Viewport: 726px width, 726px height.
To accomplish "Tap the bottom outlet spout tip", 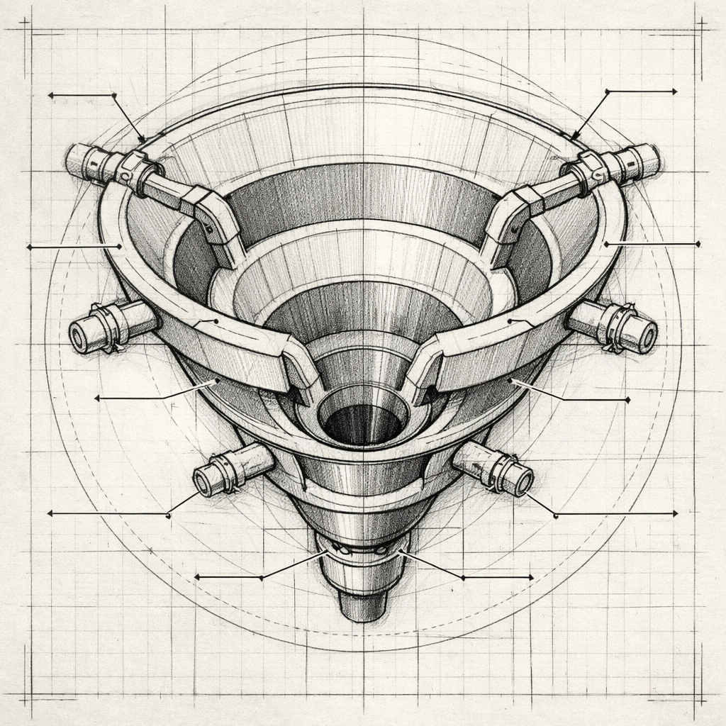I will tap(363, 606).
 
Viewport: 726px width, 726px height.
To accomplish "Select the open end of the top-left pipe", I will tap(73, 160).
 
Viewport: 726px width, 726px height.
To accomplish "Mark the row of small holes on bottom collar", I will tap(362, 550).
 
